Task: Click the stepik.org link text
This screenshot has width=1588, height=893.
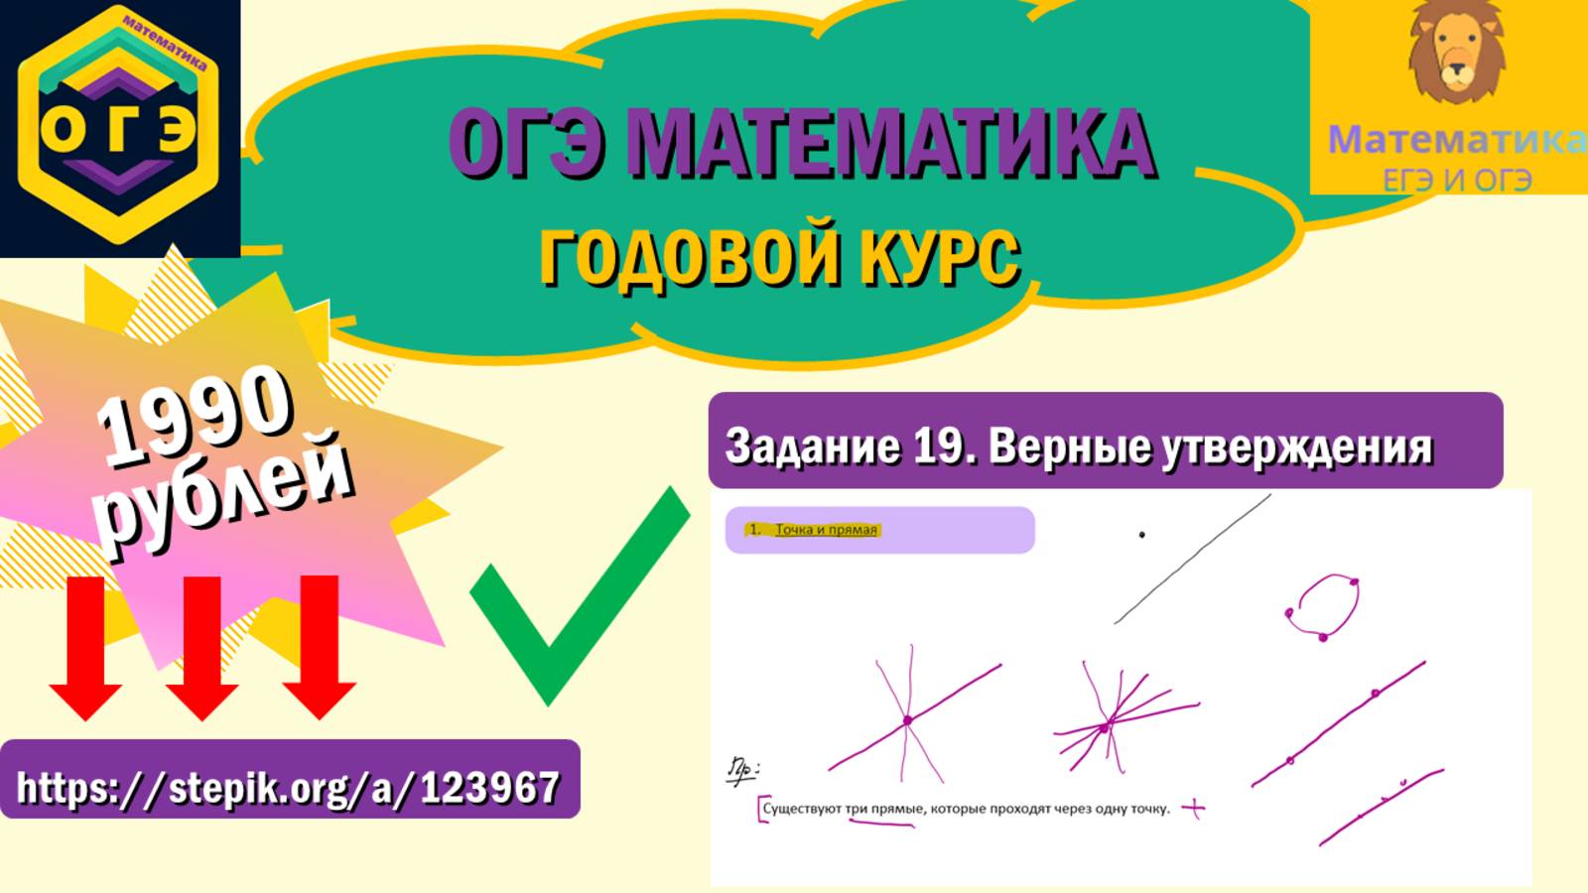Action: (289, 788)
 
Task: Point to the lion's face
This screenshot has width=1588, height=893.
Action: (1456, 55)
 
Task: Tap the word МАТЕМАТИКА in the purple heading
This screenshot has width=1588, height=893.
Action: (893, 144)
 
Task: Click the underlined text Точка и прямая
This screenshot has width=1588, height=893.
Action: (826, 530)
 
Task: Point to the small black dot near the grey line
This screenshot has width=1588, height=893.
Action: (1141, 535)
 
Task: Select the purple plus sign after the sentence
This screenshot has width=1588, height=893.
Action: (1193, 809)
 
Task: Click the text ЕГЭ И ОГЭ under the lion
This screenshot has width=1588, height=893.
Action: (1457, 181)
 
